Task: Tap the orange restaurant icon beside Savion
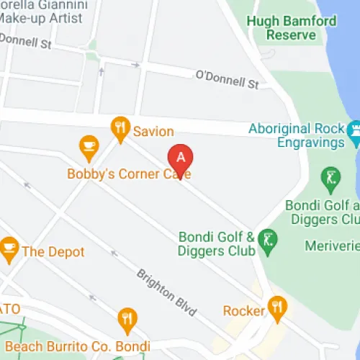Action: coord(120,130)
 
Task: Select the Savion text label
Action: coord(153,131)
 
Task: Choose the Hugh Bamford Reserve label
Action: coord(291,28)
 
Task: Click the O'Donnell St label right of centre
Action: coord(227,79)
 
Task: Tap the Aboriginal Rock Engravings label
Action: coord(297,135)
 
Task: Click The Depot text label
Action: coord(53,252)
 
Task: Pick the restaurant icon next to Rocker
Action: coord(276,308)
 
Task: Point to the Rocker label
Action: coord(243,311)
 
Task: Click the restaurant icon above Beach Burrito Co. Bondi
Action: coord(127,319)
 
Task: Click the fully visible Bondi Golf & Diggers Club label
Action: coord(217,243)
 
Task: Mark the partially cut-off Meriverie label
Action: coord(332,246)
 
